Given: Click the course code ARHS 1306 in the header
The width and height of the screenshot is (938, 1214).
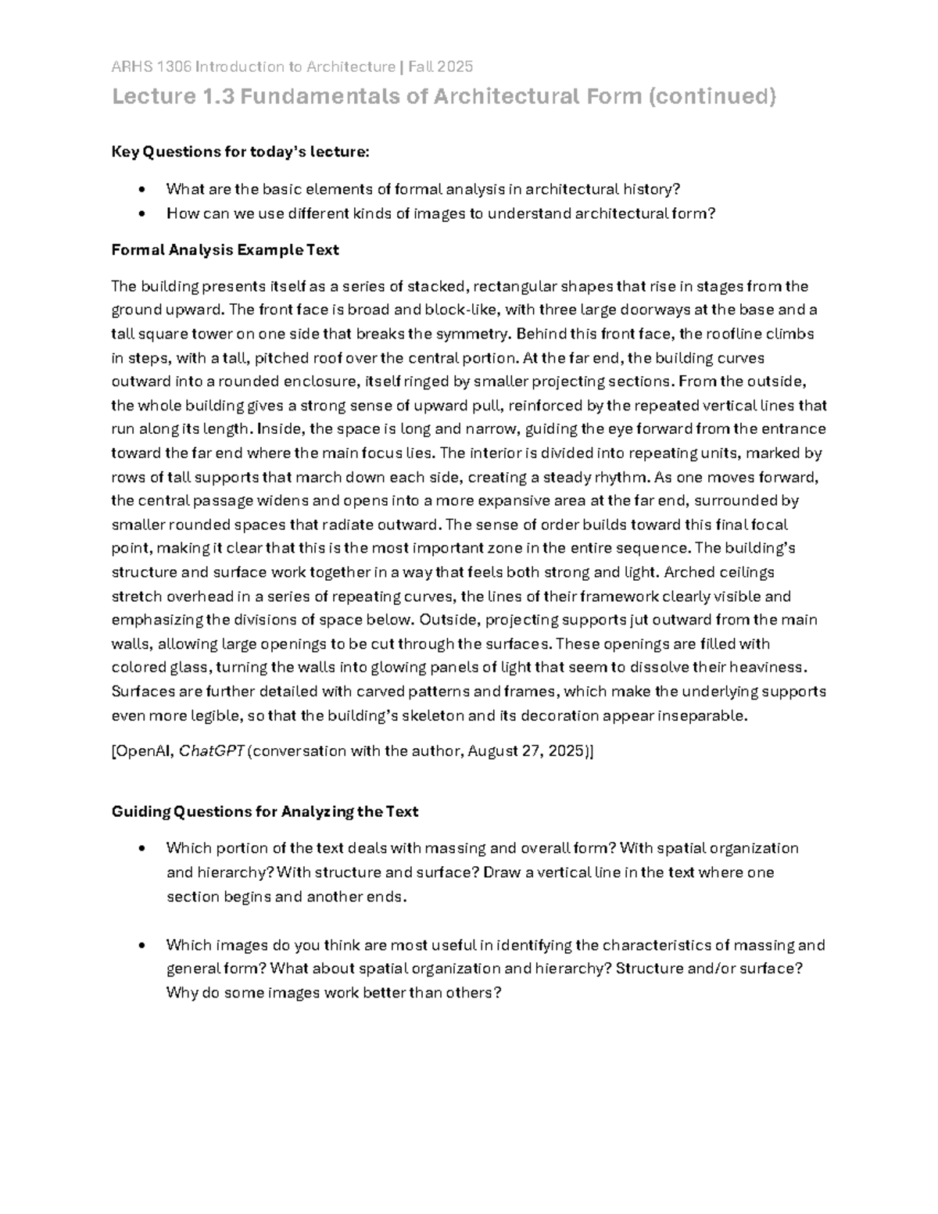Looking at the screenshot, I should coord(151,66).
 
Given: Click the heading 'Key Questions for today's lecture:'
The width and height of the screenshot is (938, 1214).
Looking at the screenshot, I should coord(239,152).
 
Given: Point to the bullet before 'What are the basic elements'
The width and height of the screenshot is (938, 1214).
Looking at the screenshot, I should coord(141,189).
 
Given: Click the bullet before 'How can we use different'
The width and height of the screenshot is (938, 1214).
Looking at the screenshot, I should coord(141,213).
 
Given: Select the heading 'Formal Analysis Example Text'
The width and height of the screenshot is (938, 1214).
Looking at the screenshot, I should coord(225,250).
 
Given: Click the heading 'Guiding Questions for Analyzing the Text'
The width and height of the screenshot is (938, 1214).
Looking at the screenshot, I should coord(264,811).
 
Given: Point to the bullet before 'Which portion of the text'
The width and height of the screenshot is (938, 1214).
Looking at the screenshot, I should coord(141,848).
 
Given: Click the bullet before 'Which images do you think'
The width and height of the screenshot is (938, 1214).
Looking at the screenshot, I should coord(141,945).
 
